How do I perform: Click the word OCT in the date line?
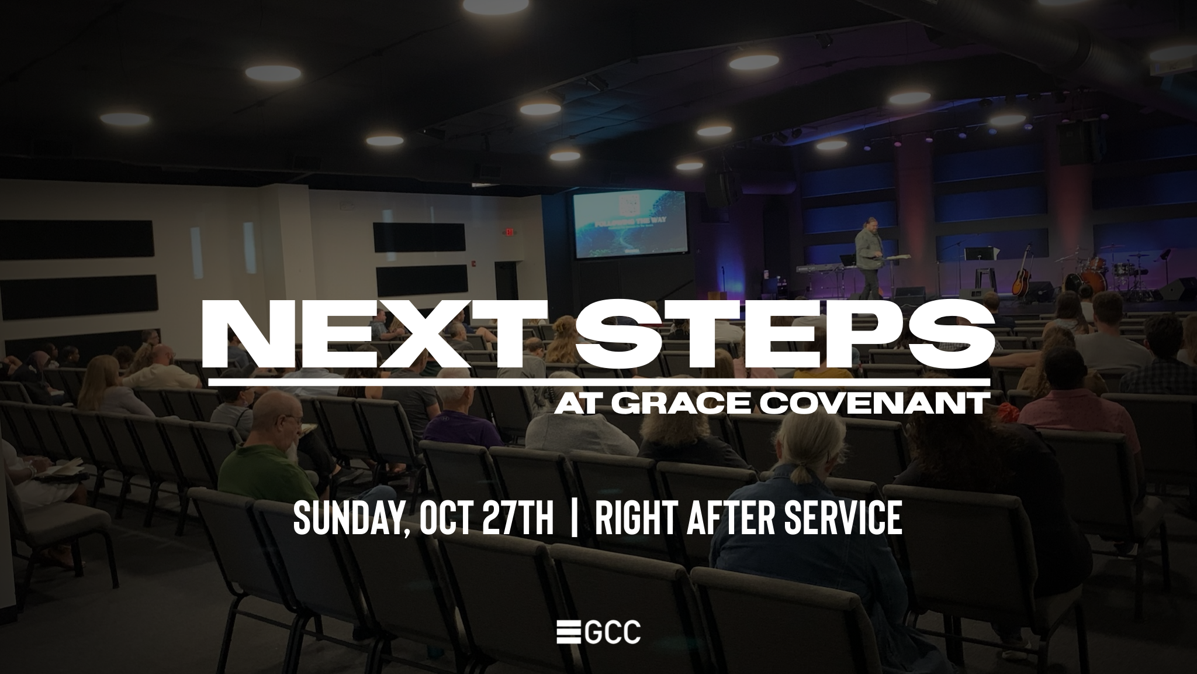tap(447, 519)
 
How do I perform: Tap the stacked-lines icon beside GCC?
tap(568, 632)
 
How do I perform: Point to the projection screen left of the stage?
tap(629, 225)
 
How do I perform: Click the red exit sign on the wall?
tap(509, 232)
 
